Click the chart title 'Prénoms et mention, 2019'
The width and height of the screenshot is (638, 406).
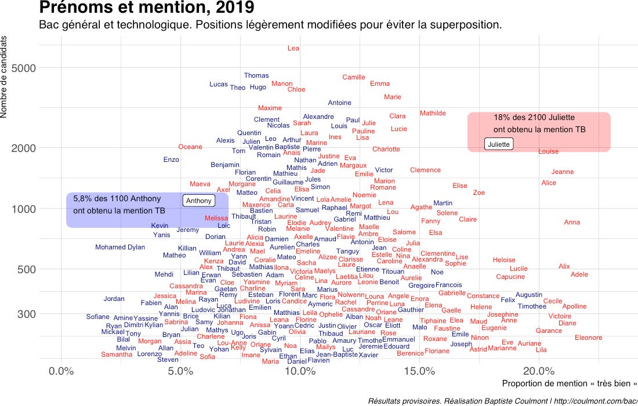click(x=146, y=8)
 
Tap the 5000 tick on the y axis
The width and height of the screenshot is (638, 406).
click(x=24, y=68)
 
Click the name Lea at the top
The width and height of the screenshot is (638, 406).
click(x=293, y=48)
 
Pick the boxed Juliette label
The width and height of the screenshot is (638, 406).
click(x=499, y=144)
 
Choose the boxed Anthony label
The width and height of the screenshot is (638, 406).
click(x=199, y=201)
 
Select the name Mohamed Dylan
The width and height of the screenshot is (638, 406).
click(x=120, y=248)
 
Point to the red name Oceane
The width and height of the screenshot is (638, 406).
click(x=190, y=147)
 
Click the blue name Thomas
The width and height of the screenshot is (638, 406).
click(x=256, y=75)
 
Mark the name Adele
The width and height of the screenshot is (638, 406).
click(x=579, y=275)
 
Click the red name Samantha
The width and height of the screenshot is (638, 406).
click(x=117, y=354)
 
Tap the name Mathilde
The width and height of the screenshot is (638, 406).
click(x=433, y=113)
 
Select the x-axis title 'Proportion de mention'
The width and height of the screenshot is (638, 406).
click(x=569, y=383)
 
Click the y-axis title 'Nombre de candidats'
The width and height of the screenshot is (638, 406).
click(x=4, y=76)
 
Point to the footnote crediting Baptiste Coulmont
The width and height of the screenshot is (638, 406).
click(x=502, y=401)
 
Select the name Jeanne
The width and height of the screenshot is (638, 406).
click(x=562, y=172)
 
